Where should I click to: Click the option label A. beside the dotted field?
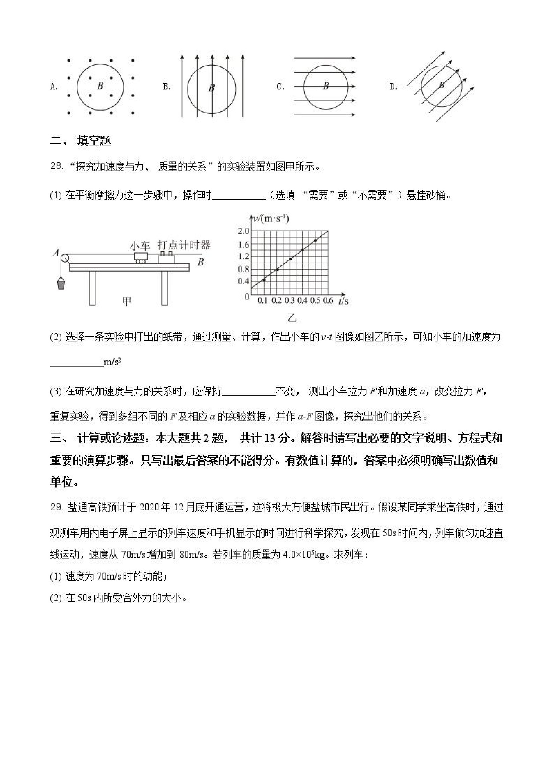[x=54, y=87]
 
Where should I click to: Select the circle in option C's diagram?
[x=326, y=87]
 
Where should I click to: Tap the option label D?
[x=393, y=87]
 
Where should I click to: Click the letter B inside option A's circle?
[x=100, y=85]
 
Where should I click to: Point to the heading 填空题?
[x=94, y=141]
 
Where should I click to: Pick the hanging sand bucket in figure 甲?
[x=61, y=283]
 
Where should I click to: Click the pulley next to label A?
[x=64, y=259]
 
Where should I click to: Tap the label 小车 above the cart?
[x=140, y=246]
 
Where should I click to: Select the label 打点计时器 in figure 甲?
[x=184, y=245]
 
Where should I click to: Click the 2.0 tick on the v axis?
[x=244, y=231]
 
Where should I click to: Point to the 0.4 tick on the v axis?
[x=244, y=281]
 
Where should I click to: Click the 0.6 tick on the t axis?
[x=328, y=301]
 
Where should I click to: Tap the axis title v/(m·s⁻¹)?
[x=270, y=218]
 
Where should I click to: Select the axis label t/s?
[x=344, y=301]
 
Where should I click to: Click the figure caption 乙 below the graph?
[x=292, y=318]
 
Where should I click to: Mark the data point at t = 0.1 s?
[x=264, y=280]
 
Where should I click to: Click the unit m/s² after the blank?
[x=112, y=362]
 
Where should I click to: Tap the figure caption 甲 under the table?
[x=127, y=301]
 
